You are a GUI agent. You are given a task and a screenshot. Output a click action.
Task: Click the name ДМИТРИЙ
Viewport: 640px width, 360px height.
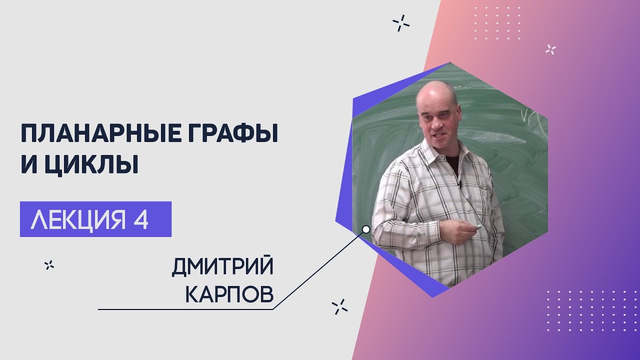click(222, 267)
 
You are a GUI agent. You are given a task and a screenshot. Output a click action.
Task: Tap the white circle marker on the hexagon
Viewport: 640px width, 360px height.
click(366, 229)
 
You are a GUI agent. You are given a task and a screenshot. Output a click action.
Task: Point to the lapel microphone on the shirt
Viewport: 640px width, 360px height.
click(459, 184)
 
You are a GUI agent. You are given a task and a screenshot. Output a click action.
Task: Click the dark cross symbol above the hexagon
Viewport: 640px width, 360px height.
click(401, 23)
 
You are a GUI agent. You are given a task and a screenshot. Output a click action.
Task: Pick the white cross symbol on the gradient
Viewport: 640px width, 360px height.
click(550, 49)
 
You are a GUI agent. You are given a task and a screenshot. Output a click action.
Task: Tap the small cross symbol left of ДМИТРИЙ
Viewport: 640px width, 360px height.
click(49, 265)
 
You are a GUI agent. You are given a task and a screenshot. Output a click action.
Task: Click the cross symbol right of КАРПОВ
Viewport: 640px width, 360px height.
click(339, 307)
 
